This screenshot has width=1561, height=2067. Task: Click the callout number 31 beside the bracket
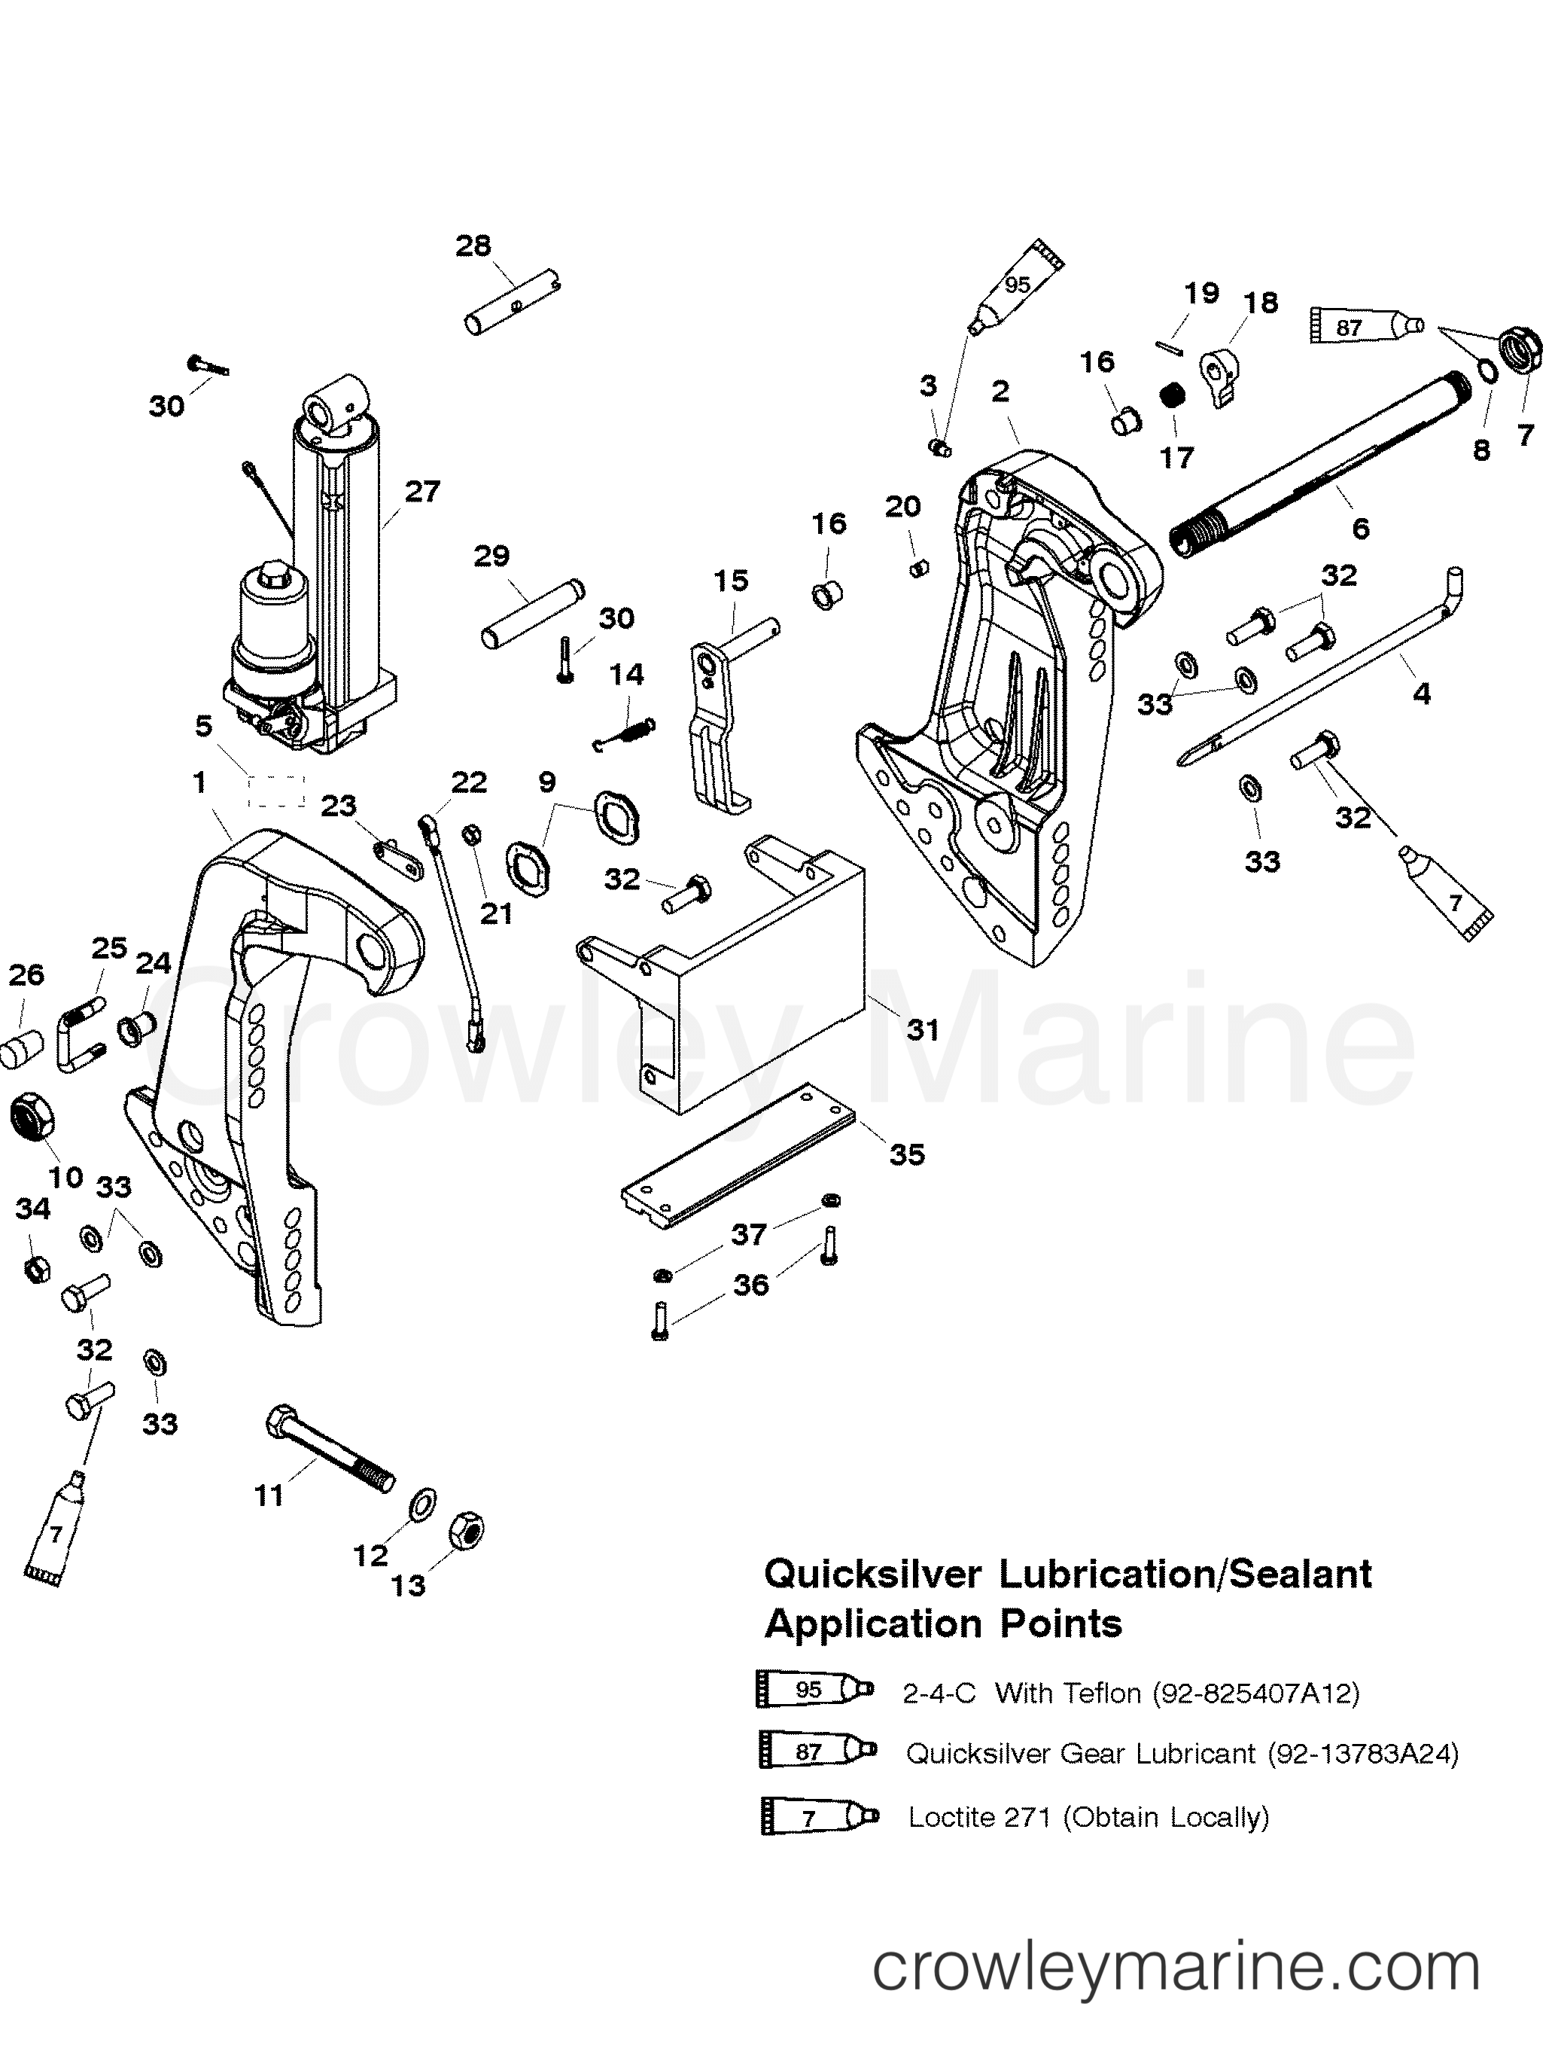point(922,1030)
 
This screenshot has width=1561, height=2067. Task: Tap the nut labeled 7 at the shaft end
point(1519,353)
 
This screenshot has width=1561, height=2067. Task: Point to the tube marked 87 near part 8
point(1366,326)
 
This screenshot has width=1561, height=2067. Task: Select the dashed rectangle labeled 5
point(275,791)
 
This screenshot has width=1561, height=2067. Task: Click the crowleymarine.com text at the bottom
point(1176,1992)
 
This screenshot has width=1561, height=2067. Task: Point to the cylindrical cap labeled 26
point(20,1050)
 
